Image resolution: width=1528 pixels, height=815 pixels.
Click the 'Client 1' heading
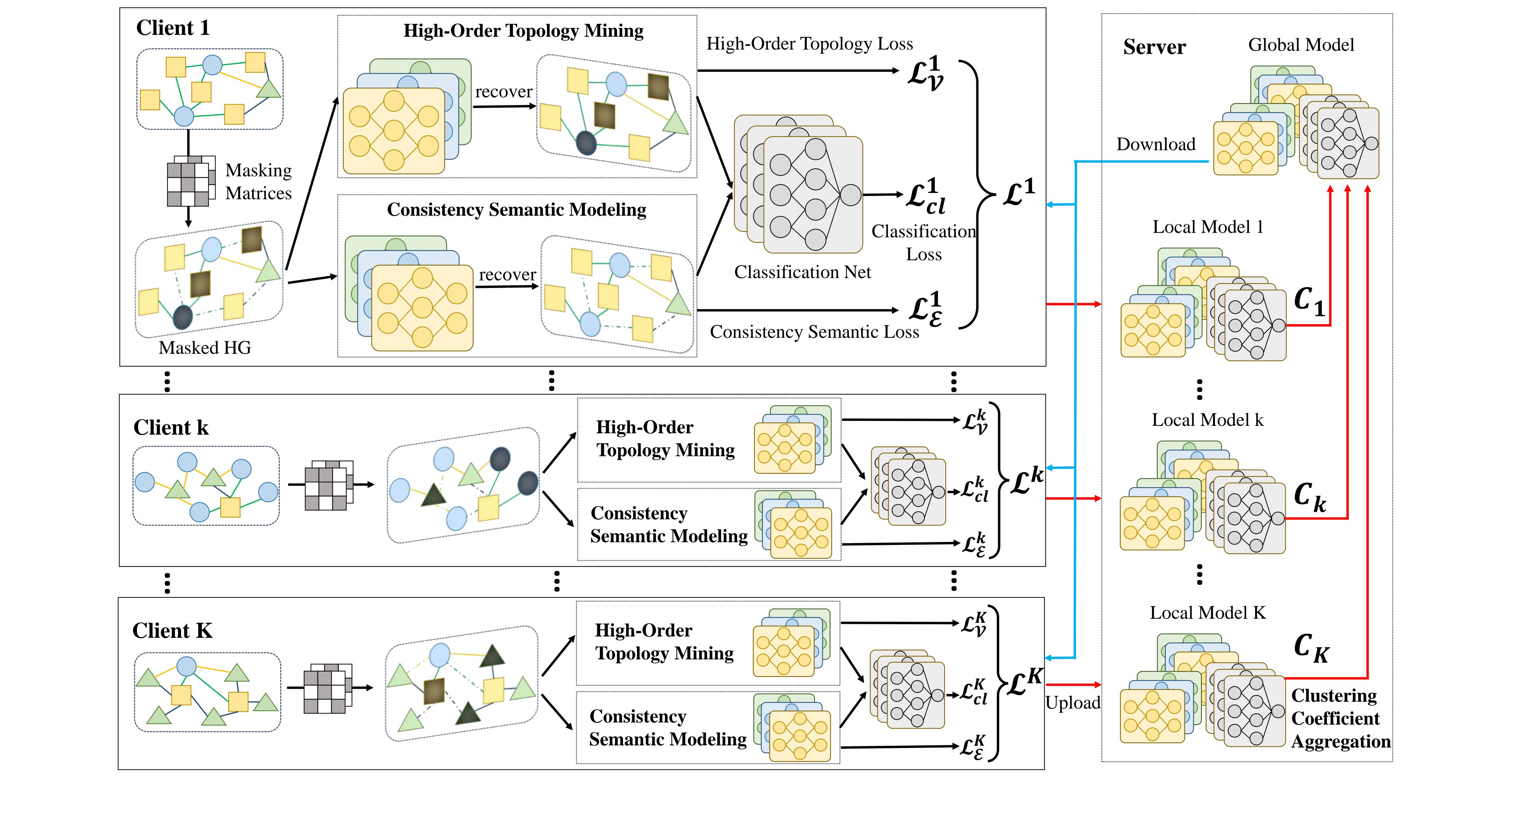(173, 28)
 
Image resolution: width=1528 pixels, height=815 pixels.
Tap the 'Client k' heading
(171, 427)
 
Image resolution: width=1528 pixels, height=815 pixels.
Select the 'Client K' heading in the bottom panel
(172, 630)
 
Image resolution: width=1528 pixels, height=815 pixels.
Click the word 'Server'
(1154, 47)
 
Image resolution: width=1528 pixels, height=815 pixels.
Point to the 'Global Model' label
(1301, 45)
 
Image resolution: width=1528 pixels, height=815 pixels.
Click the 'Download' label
(1155, 144)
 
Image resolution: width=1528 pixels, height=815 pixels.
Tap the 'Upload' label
(1072, 703)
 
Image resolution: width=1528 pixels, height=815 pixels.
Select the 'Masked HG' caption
(205, 347)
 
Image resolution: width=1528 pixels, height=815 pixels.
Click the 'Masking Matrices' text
(259, 182)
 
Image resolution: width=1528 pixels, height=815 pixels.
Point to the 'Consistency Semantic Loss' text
(814, 332)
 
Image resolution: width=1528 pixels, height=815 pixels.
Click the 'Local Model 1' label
(1208, 227)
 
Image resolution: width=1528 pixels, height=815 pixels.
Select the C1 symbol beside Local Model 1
(1309, 302)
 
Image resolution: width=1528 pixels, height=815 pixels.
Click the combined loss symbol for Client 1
(1018, 193)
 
